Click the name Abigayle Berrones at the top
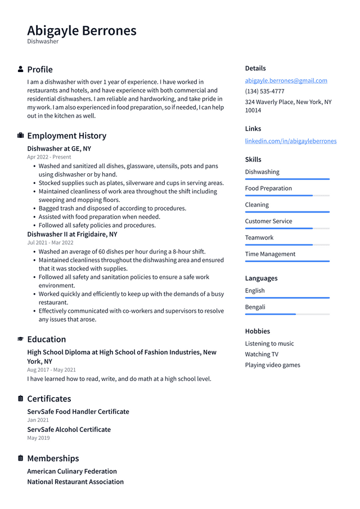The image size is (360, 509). tap(82, 30)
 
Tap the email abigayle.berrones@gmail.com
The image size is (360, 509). tap(286, 80)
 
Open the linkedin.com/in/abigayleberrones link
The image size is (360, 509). tap(290, 141)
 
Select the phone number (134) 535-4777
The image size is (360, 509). tap(264, 91)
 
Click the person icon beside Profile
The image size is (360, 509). tap(21, 69)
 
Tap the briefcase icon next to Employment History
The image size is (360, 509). tap(21, 136)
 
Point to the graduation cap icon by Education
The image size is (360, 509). tap(21, 339)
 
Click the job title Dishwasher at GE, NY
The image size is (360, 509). tap(59, 148)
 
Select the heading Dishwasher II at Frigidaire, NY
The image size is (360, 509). tap(72, 234)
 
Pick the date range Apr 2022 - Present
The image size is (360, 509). tap(49, 157)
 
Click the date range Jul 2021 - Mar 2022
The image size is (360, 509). tap(50, 242)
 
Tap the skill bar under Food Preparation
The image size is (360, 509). tap(287, 195)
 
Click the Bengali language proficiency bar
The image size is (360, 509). tap(287, 314)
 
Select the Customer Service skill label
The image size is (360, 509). tap(268, 221)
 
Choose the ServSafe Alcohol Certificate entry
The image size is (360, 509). tap(69, 429)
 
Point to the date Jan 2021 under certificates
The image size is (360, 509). tap(38, 420)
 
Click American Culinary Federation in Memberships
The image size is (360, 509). tap(72, 471)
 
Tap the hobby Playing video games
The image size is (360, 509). tap(272, 365)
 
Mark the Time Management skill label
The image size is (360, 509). tap(270, 254)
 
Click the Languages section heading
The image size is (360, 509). tap(261, 278)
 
